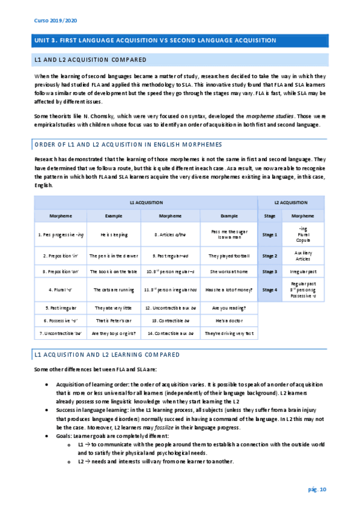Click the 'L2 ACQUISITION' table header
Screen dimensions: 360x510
(x=290, y=203)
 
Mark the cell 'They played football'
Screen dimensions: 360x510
(x=228, y=256)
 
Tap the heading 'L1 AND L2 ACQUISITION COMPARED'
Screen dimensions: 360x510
(x=90, y=60)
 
